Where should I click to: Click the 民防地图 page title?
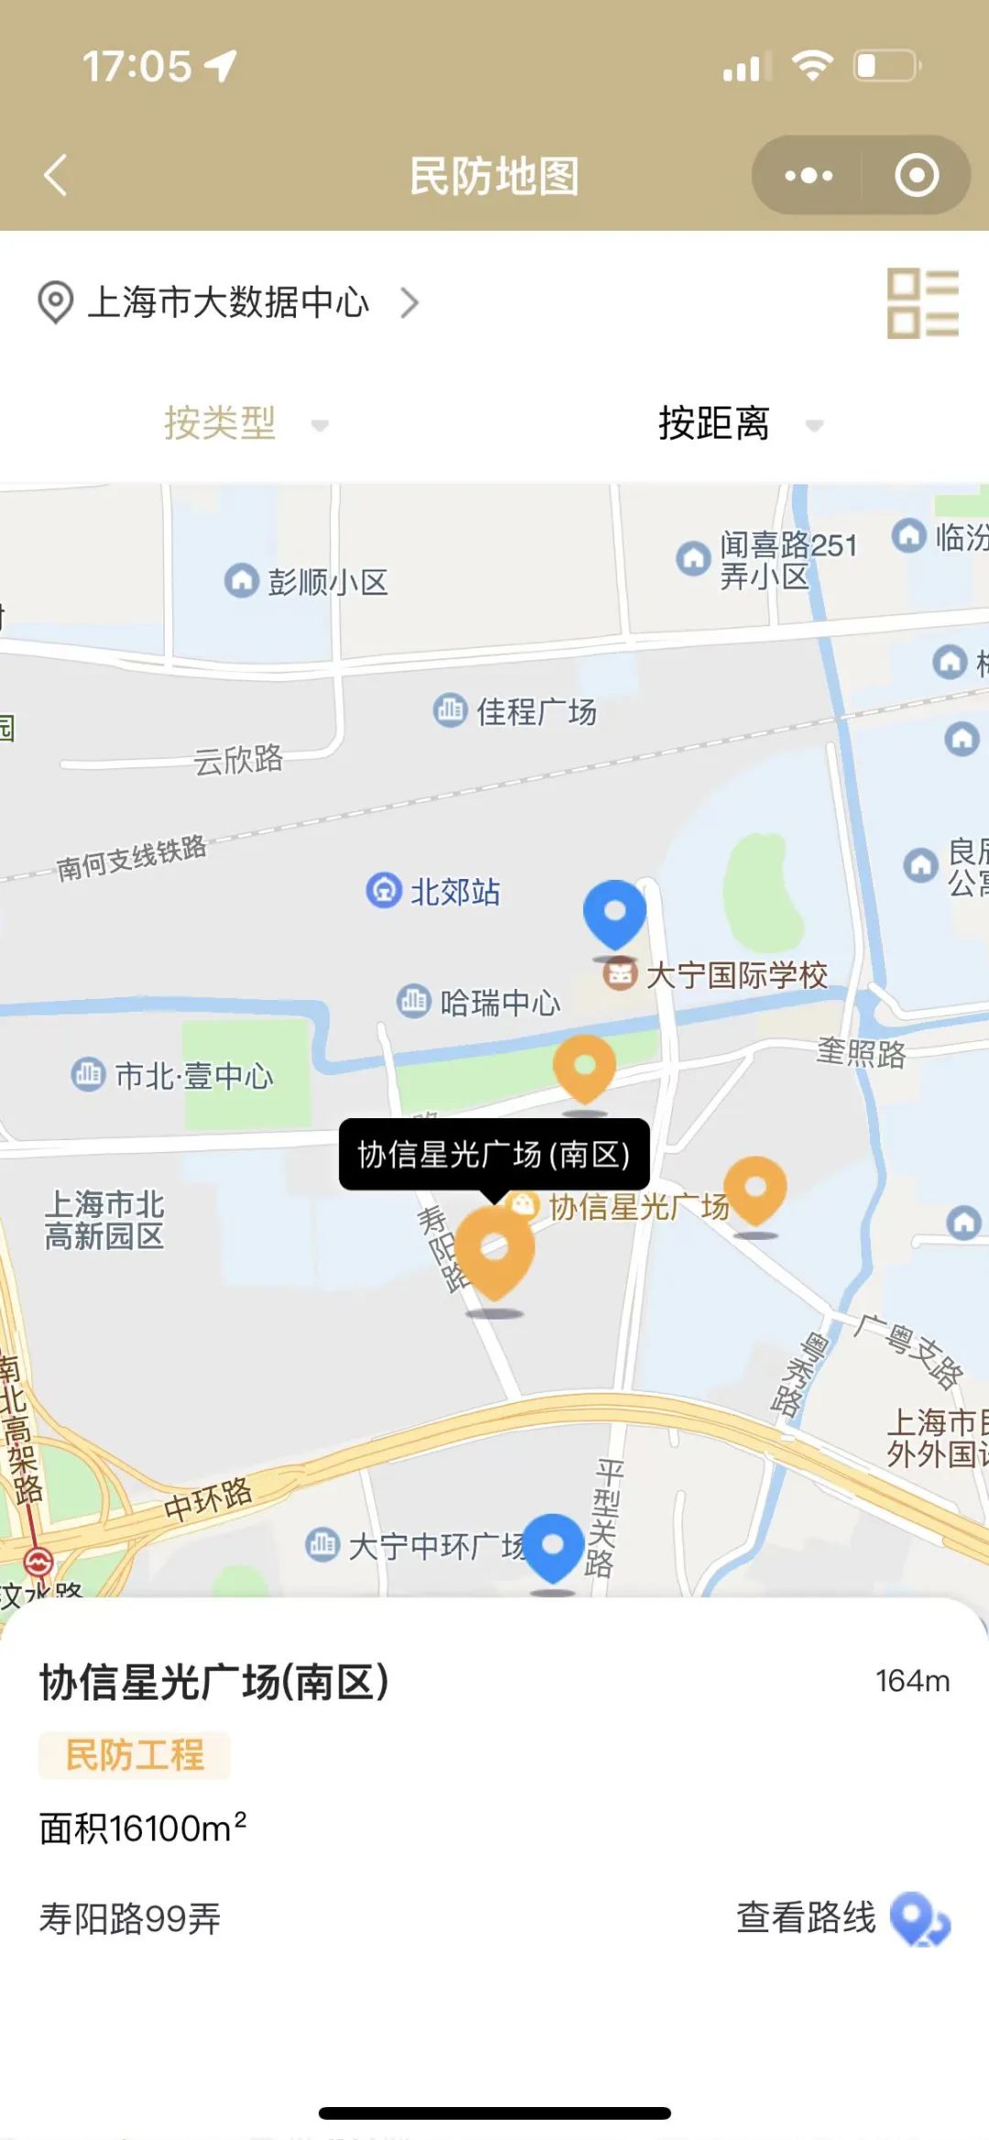(x=494, y=176)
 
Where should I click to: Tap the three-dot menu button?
(x=809, y=175)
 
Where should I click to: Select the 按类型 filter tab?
(x=221, y=423)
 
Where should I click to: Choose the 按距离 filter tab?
(x=714, y=423)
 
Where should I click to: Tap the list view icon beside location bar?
(x=922, y=303)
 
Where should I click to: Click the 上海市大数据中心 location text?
(x=229, y=302)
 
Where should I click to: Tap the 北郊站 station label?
(x=454, y=891)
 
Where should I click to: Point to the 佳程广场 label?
(x=536, y=711)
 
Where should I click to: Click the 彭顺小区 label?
(x=327, y=581)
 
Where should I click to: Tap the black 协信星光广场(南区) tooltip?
(x=494, y=1154)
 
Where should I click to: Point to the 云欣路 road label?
(x=238, y=759)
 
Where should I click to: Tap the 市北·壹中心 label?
(x=193, y=1075)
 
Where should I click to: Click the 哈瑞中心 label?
(x=499, y=1003)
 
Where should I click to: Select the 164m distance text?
(x=912, y=1680)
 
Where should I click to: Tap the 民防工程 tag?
(x=135, y=1754)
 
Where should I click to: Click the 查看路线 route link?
(x=806, y=1917)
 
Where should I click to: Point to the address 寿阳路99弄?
(x=130, y=1918)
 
